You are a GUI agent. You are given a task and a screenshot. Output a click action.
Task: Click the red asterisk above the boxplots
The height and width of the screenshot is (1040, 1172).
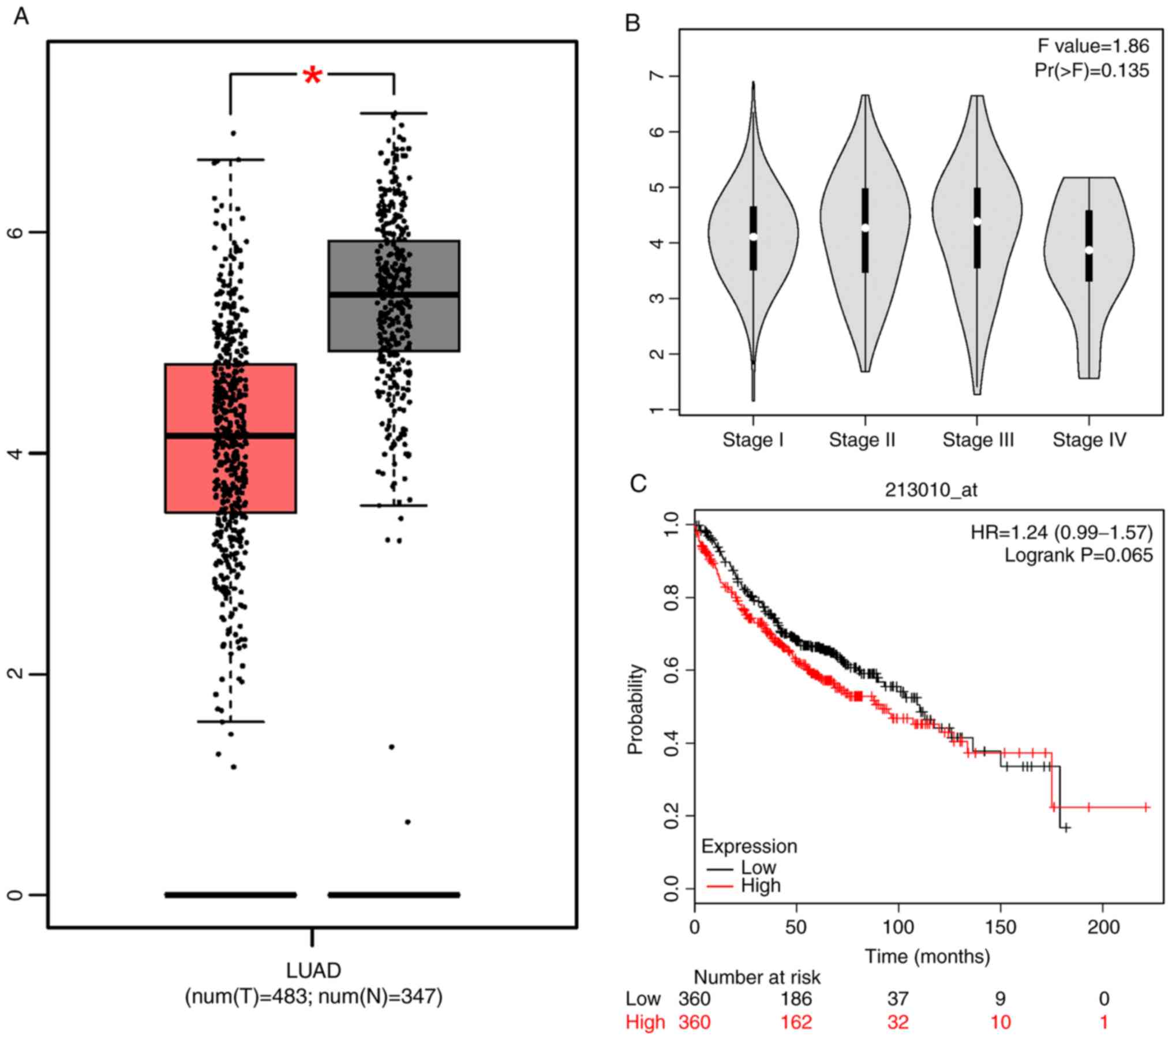(312, 76)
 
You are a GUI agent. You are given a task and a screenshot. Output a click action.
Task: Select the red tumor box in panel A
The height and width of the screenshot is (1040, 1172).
(190, 439)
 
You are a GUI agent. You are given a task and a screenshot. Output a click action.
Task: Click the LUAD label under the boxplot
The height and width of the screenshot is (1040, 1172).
(313, 970)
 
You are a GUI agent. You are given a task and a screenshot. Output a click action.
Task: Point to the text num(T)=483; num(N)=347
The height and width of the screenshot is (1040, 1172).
(313, 996)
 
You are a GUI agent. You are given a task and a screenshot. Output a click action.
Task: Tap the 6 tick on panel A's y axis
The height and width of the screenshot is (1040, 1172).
(17, 232)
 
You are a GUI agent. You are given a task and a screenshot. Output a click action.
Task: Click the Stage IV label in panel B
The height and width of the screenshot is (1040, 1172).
(1089, 440)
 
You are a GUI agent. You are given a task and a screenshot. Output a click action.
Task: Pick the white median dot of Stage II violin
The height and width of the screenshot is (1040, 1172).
(865, 227)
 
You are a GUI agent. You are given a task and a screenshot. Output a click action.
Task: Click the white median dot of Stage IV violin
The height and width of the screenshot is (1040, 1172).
(1089, 250)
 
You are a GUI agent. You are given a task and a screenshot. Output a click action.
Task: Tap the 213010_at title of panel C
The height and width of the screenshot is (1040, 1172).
(931, 490)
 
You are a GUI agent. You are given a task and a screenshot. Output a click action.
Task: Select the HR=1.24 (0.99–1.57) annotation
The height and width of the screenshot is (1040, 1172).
(1062, 532)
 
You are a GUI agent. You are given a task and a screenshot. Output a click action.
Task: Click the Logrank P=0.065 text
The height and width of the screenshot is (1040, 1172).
(1079, 555)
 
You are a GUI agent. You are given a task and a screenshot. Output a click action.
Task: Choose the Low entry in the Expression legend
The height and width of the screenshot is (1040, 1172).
(758, 867)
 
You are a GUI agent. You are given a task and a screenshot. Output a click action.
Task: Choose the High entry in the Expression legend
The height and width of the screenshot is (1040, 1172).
(761, 885)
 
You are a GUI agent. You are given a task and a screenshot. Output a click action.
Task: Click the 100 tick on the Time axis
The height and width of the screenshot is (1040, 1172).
(898, 927)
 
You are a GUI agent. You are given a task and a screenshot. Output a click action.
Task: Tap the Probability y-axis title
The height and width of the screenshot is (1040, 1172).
(635, 709)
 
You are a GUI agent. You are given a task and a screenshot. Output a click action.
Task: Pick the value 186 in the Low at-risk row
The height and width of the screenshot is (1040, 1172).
(796, 998)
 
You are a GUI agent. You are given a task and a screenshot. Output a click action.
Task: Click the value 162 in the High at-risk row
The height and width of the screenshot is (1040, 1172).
(796, 1022)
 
